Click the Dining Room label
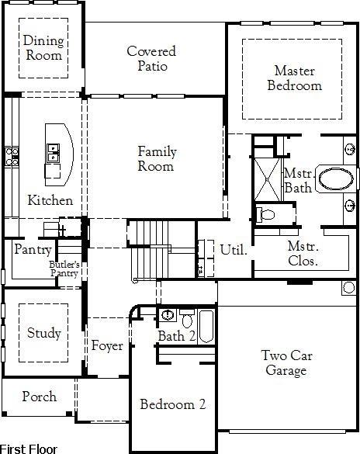click(43, 48)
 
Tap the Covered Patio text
click(151, 59)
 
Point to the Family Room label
click(156, 159)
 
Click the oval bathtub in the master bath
click(337, 179)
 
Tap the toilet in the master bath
click(266, 213)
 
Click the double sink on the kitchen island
click(54, 152)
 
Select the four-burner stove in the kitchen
click(12, 156)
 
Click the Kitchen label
click(50, 200)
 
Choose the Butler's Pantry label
click(64, 269)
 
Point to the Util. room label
click(234, 250)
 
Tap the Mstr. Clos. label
click(303, 254)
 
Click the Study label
click(43, 333)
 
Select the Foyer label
click(107, 346)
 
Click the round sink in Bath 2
click(168, 314)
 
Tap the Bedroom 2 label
click(172, 404)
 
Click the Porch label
click(39, 397)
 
